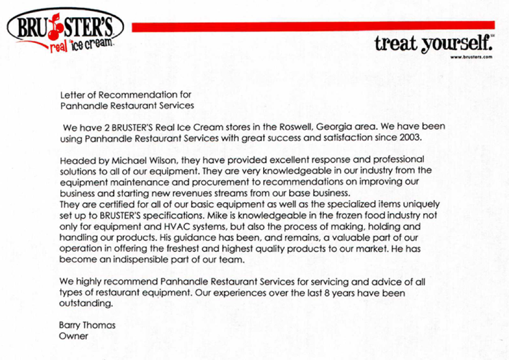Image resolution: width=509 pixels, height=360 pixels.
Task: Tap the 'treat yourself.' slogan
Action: coord(434,44)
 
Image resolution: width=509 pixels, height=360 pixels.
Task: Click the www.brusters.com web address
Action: coord(471,57)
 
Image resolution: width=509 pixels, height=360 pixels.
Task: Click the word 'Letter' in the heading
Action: coord(72,95)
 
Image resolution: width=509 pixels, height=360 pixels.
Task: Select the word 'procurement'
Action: coord(234,182)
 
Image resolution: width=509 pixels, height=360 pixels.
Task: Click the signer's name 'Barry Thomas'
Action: coord(87,326)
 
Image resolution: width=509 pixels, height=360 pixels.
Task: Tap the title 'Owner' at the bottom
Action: coord(74,336)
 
